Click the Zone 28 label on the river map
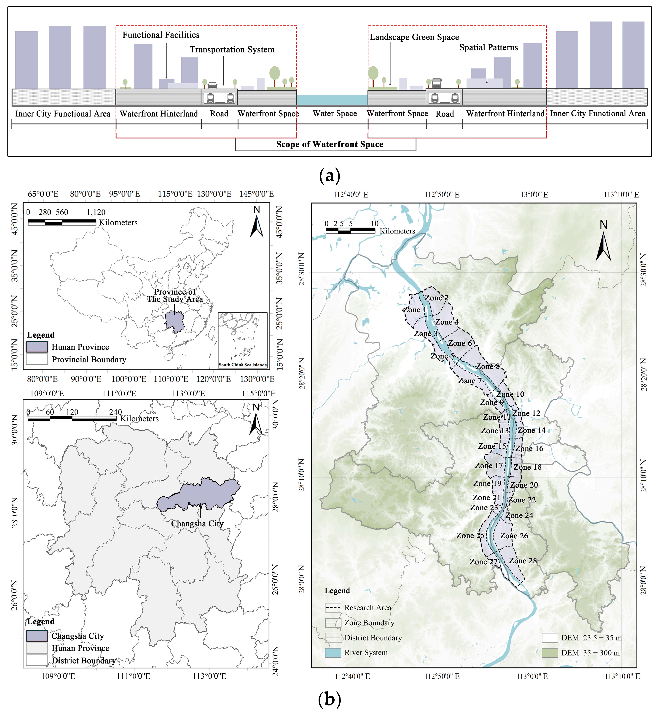click(x=523, y=561)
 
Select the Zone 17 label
click(x=488, y=465)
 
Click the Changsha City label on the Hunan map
click(x=197, y=523)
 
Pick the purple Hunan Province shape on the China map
click(x=174, y=321)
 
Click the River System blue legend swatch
click(x=333, y=653)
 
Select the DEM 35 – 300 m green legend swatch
click(x=550, y=653)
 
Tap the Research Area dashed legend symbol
click(x=333, y=607)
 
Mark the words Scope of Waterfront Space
click(x=329, y=144)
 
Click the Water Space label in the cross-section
click(x=335, y=114)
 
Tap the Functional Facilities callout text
click(x=161, y=35)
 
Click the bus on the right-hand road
click(x=436, y=83)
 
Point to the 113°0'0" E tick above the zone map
click(x=532, y=195)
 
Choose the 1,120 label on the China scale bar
click(x=96, y=212)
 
